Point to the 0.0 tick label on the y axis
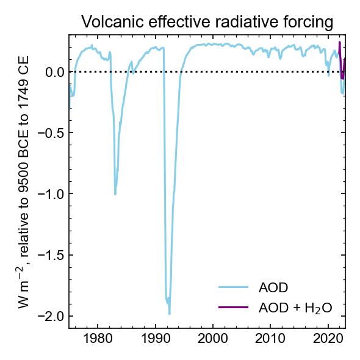tap(54, 73)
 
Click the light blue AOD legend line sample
tap(233, 287)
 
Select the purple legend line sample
tap(233, 307)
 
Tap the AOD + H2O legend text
tap(295, 308)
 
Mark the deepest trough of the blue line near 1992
tap(170, 314)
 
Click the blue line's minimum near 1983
tap(115, 194)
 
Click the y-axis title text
tap(24, 182)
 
